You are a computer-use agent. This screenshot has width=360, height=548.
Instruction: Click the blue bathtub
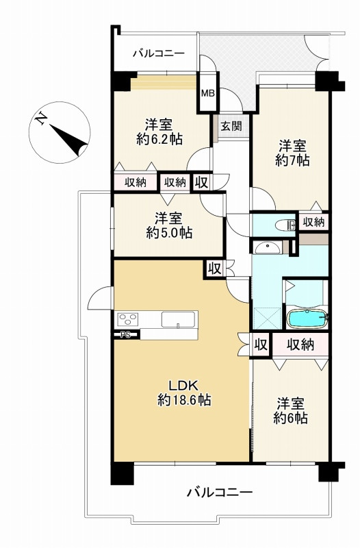click(308, 319)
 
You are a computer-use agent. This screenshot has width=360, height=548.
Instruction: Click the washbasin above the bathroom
click(266, 247)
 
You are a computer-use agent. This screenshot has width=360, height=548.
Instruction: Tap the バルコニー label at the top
click(158, 53)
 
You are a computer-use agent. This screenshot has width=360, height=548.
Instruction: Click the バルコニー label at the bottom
click(220, 492)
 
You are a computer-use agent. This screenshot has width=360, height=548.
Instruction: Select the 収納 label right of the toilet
click(314, 222)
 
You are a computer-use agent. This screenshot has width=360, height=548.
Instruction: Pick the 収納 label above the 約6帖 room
click(300, 345)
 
